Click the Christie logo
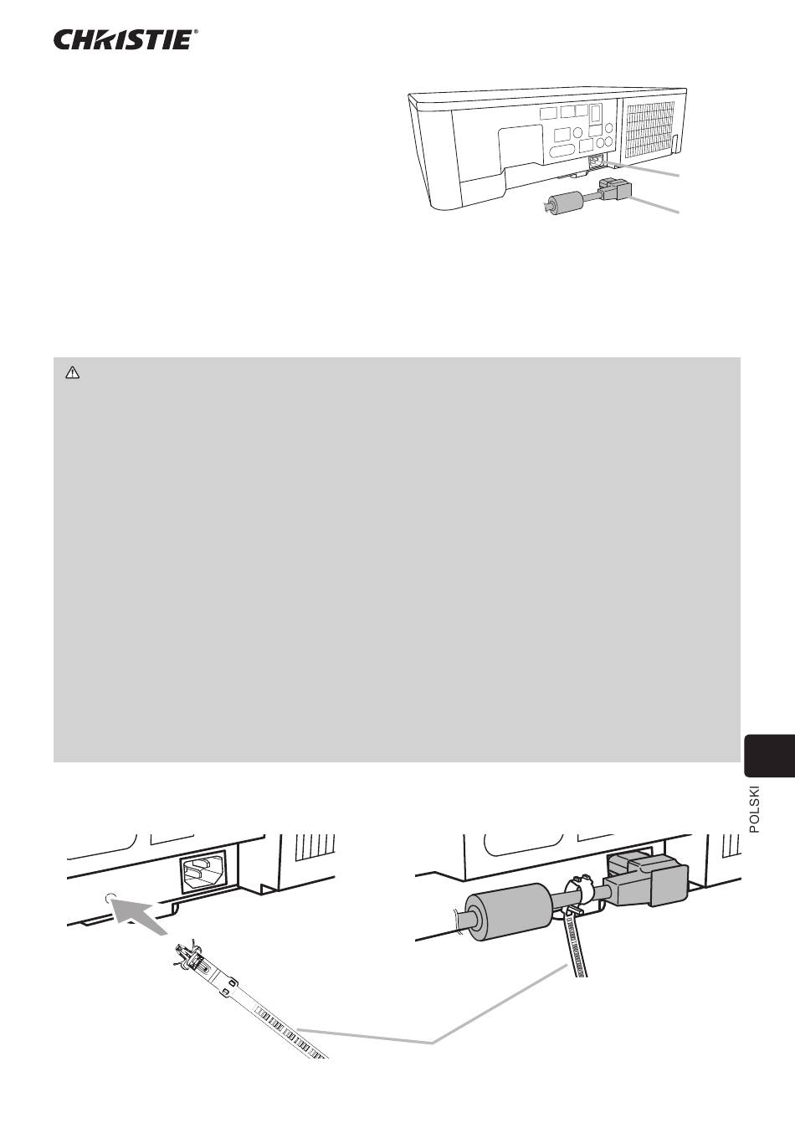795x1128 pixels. [123, 40]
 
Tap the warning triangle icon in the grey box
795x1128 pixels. [73, 372]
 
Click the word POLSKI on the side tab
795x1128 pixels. [754, 810]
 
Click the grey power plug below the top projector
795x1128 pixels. [615, 189]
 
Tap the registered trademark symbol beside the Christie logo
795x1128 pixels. [196, 32]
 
